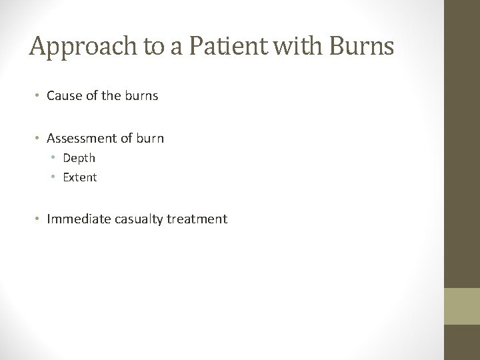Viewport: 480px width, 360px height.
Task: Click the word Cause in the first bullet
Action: point(63,95)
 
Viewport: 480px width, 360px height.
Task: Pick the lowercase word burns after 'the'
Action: point(140,95)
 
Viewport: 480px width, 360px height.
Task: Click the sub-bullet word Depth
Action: point(79,158)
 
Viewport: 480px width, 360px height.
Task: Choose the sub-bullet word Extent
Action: point(80,177)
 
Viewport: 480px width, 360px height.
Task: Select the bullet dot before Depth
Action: point(55,159)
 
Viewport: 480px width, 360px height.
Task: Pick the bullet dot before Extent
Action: point(55,178)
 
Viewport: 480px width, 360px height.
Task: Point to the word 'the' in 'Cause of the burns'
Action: point(111,95)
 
